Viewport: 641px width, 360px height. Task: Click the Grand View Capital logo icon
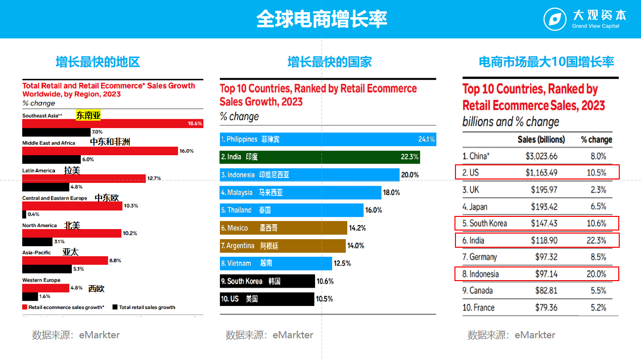[x=555, y=20]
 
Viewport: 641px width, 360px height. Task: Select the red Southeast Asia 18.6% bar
[x=112, y=123]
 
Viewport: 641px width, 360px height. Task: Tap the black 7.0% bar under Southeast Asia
[x=55, y=132]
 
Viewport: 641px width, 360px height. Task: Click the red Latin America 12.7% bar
[x=84, y=178]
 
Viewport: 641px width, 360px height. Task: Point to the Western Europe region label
[x=41, y=280]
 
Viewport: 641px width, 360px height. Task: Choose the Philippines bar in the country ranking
[x=328, y=139]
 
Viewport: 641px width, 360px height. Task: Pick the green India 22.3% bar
[x=319, y=157]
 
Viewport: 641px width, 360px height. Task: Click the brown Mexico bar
[x=283, y=228]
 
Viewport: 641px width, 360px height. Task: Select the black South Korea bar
[x=267, y=281]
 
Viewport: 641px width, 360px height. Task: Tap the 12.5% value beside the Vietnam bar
[x=342, y=263]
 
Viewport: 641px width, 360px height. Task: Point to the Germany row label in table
[x=479, y=257]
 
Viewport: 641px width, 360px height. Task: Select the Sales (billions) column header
[x=541, y=140]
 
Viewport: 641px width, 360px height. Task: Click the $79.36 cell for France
[x=545, y=307]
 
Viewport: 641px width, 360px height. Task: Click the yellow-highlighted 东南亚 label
[x=88, y=115]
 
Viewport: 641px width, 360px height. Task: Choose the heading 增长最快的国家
[x=330, y=62]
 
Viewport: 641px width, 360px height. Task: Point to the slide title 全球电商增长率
[x=322, y=19]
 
